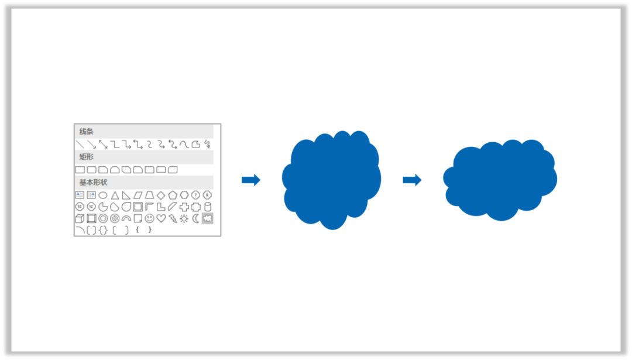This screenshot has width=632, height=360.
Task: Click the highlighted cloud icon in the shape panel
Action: [207, 218]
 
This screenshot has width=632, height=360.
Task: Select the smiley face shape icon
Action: [150, 218]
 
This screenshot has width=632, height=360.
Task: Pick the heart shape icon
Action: [162, 218]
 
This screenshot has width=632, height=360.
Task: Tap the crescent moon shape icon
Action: [196, 218]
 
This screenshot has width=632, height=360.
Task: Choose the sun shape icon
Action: [184, 218]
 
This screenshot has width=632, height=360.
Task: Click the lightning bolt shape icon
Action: [173, 218]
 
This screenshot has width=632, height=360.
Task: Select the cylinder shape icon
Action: [208, 207]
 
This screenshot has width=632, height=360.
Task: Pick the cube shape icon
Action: [80, 218]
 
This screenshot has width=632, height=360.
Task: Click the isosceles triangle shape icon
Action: [115, 195]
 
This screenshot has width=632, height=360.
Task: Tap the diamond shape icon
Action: [161, 195]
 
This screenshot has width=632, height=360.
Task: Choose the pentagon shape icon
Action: [173, 195]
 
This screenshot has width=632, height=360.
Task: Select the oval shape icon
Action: [103, 196]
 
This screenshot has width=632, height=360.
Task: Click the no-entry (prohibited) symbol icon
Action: [115, 218]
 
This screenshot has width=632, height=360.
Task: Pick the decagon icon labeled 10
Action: [80, 207]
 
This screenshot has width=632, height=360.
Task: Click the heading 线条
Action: [86, 132]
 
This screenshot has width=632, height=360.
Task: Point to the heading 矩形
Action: [86, 157]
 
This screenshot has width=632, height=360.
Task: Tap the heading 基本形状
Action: [94, 182]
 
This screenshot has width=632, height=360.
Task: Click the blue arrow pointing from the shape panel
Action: [251, 180]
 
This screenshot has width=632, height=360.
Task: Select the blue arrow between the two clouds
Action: [412, 180]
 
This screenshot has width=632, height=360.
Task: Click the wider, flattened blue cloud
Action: [500, 180]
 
